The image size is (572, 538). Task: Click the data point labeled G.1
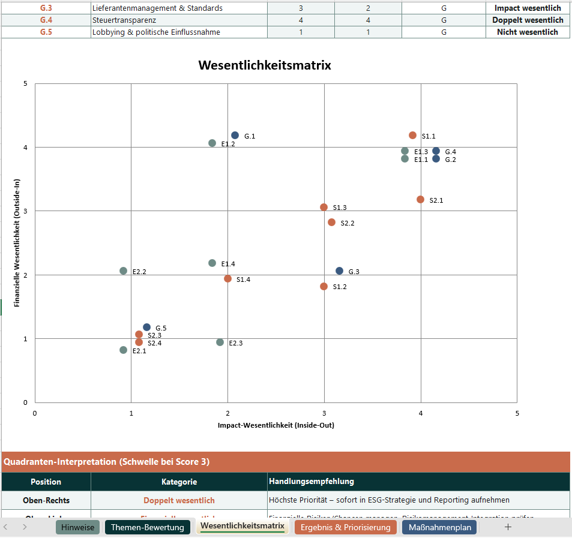pos(235,136)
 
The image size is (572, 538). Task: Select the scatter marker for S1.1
pos(412,136)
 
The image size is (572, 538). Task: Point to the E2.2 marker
pos(123,271)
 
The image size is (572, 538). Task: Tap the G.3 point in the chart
pos(339,271)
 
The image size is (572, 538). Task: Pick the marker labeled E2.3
pos(220,342)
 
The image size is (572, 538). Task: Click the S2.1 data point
pos(420,199)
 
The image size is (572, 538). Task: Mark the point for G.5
pos(146,327)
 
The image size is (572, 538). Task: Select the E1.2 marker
pos(212,143)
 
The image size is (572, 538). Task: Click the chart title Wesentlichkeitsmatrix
pos(265,65)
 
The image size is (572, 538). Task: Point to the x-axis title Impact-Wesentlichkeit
pos(275,425)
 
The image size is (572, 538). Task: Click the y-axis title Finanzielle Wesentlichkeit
pos(17,243)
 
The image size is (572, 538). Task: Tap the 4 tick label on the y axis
pos(25,148)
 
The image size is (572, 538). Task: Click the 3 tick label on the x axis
pos(324,413)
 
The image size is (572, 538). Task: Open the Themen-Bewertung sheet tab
pos(147,527)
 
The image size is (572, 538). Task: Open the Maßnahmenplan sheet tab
pos(439,527)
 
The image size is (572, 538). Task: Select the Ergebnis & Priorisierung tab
pos(345,527)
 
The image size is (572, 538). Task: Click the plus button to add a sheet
pos(508,527)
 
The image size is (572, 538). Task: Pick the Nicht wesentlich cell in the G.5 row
pos(528,32)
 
